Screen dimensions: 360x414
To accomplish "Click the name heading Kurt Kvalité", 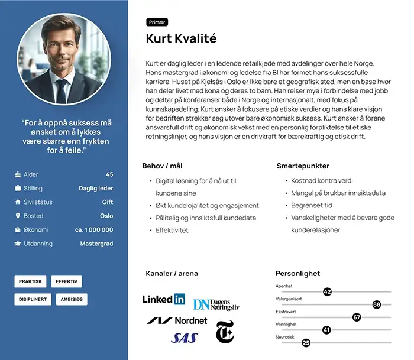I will pos(181,40).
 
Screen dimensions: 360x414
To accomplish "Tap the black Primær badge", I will pos(157,22).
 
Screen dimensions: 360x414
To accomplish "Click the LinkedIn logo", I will pos(164,299).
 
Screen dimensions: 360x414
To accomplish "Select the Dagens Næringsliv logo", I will pos(216,304).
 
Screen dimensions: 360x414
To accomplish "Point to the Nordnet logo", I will pos(177,320).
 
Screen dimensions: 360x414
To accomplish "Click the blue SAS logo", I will pos(184,338).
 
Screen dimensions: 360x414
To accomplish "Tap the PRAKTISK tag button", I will pos(30,282).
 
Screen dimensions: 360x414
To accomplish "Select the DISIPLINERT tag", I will pos(33,300).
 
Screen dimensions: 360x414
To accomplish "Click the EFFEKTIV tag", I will pos(66,282).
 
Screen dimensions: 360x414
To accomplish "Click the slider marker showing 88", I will pos(377,304).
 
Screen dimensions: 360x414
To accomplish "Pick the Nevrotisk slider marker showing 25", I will pos(306,342).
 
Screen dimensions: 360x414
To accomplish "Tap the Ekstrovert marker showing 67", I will pos(357,317).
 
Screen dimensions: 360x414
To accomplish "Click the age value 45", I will pos(109,174).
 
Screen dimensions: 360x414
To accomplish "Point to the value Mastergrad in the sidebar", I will pos(96,244).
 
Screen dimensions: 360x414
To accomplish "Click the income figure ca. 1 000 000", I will pos(94,230).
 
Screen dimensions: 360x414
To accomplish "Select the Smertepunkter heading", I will pos(303,166).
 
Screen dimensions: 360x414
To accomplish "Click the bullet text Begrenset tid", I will pos(311,206).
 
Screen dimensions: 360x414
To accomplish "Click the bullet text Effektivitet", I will pos(172,230).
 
